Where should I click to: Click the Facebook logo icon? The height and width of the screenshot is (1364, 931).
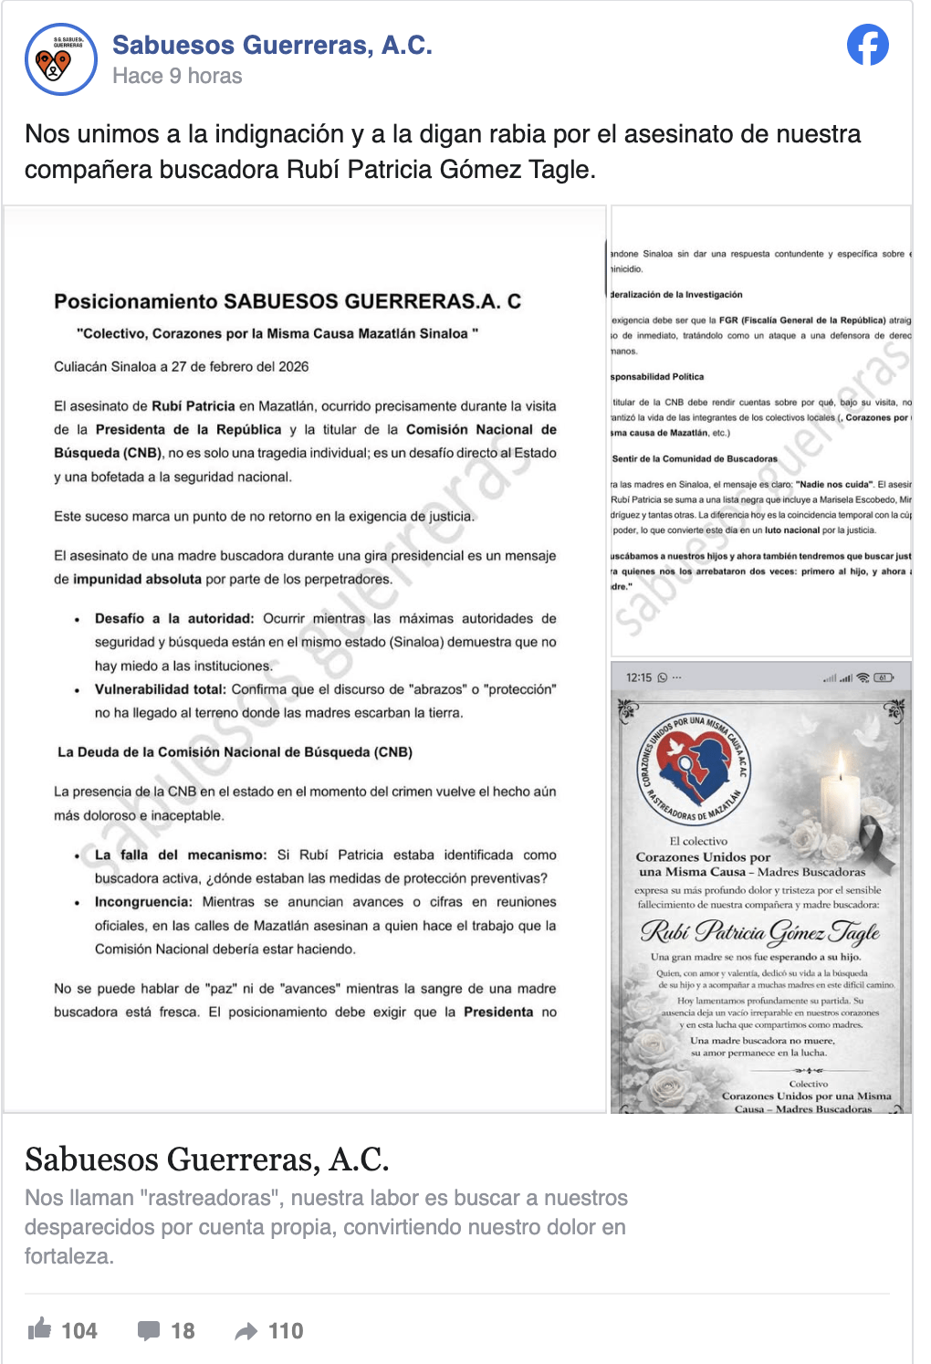pyautogui.click(x=867, y=45)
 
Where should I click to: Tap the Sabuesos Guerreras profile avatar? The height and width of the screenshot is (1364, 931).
pyautogui.click(x=60, y=60)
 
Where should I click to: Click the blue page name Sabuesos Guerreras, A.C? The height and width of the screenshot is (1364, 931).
pyautogui.click(x=272, y=45)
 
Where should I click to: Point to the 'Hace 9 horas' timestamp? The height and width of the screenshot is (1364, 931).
pyautogui.click(x=177, y=76)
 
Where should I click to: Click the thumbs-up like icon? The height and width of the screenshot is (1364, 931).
pyautogui.click(x=39, y=1329)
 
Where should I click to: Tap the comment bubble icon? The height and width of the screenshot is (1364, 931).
pyautogui.click(x=149, y=1330)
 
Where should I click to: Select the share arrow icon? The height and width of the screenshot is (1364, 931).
pyautogui.click(x=246, y=1331)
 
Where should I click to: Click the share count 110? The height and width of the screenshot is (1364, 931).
pyautogui.click(x=286, y=1331)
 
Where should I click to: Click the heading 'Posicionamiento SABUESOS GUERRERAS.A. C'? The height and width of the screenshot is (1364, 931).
pyautogui.click(x=288, y=301)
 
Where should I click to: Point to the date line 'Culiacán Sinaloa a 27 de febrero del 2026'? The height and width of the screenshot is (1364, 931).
pyautogui.click(x=181, y=367)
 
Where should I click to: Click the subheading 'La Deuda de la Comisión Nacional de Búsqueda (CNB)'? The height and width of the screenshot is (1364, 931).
pyautogui.click(x=235, y=752)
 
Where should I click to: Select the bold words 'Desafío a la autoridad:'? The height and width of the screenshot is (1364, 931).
pyautogui.click(x=173, y=619)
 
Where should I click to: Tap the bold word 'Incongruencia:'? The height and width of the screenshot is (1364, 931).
pyautogui.click(x=143, y=902)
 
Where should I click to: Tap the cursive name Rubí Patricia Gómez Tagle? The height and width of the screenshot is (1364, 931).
pyautogui.click(x=759, y=931)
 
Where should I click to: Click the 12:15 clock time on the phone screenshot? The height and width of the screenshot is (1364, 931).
pyautogui.click(x=639, y=677)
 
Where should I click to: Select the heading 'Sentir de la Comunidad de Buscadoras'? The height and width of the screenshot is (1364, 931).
pyautogui.click(x=695, y=459)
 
